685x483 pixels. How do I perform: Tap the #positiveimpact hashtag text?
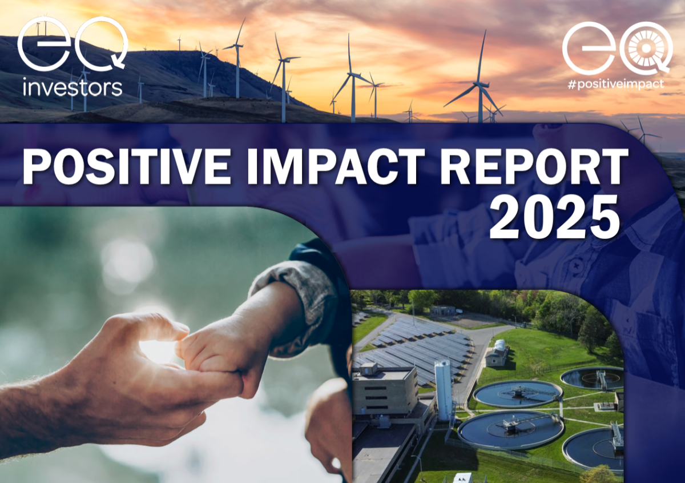pyautogui.click(x=615, y=83)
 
